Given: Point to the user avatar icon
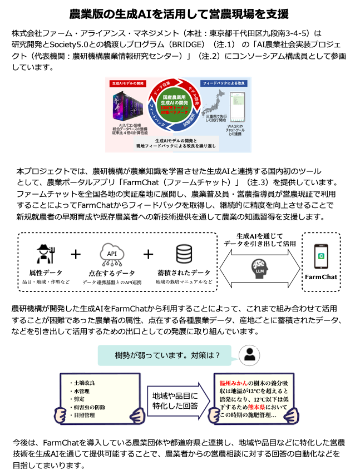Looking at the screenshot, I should [249, 355].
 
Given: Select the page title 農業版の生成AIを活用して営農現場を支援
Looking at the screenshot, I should [179, 13].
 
